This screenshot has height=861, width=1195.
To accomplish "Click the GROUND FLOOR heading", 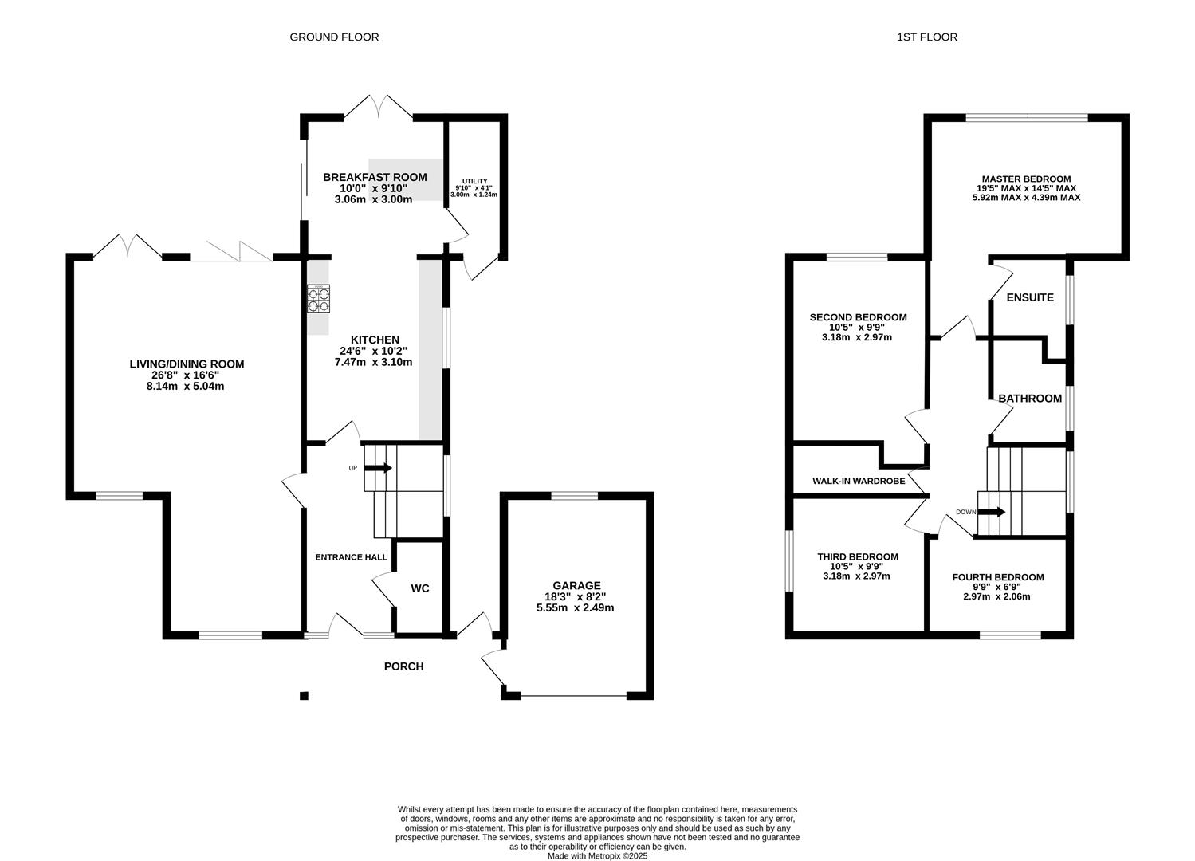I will [334, 37].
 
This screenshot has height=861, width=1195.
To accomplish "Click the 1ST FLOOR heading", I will [927, 37].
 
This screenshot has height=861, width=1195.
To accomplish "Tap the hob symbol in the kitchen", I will [319, 298].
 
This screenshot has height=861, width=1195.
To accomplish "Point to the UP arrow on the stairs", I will [379, 468].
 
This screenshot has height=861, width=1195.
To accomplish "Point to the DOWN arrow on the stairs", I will [993, 512].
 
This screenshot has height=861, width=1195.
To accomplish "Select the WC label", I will [420, 588].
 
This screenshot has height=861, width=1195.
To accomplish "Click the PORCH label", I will [404, 666].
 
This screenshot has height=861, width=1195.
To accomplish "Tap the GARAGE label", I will [576, 585].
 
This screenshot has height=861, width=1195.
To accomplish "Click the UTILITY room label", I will [475, 182].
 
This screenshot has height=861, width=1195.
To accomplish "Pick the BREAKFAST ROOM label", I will [375, 177].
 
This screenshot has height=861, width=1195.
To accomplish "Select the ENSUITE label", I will [1030, 297].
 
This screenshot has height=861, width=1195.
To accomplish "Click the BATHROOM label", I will [1030, 399].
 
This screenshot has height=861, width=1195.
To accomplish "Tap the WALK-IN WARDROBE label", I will [859, 481].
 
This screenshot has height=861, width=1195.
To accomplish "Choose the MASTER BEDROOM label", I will [1026, 179].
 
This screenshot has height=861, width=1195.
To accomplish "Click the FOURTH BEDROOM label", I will [997, 577].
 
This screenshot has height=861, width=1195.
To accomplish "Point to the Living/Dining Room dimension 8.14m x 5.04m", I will [187, 387].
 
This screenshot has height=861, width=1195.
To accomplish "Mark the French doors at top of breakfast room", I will [379, 108].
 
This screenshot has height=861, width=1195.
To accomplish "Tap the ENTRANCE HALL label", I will [352, 557].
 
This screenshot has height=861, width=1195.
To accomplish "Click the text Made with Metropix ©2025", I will [597, 856].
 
